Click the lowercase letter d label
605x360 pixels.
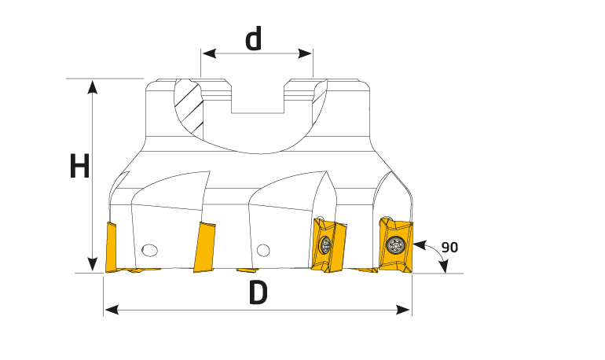[x=254, y=39]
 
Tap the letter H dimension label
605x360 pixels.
[x=79, y=166]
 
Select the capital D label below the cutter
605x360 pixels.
[x=258, y=292]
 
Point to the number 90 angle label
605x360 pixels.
[x=449, y=248]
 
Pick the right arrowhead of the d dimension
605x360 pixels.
[x=305, y=53]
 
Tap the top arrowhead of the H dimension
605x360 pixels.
[x=92, y=86]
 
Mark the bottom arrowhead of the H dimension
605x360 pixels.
[x=92, y=264]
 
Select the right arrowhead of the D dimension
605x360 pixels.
[x=403, y=310]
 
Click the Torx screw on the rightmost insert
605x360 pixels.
[x=395, y=244]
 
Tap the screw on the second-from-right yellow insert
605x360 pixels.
[x=324, y=244]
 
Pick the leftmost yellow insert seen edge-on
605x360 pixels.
[x=111, y=248]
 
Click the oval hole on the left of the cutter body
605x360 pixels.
[x=149, y=250]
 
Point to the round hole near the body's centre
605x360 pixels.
[x=263, y=250]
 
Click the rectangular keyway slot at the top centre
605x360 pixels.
[x=258, y=97]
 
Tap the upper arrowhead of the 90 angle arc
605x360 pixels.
[x=420, y=244]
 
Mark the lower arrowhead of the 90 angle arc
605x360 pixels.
[x=445, y=266]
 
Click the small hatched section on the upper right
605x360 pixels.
[x=320, y=92]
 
